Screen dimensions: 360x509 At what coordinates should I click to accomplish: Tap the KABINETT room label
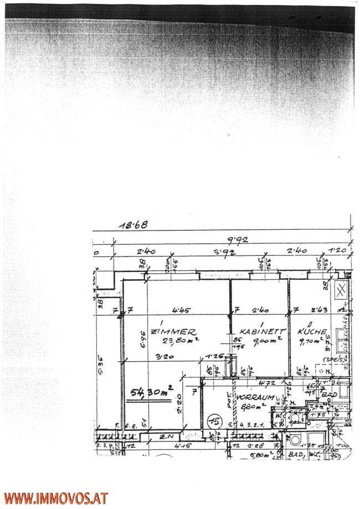coord(255,331)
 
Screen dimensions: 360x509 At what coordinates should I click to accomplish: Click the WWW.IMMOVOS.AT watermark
coord(54,498)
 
